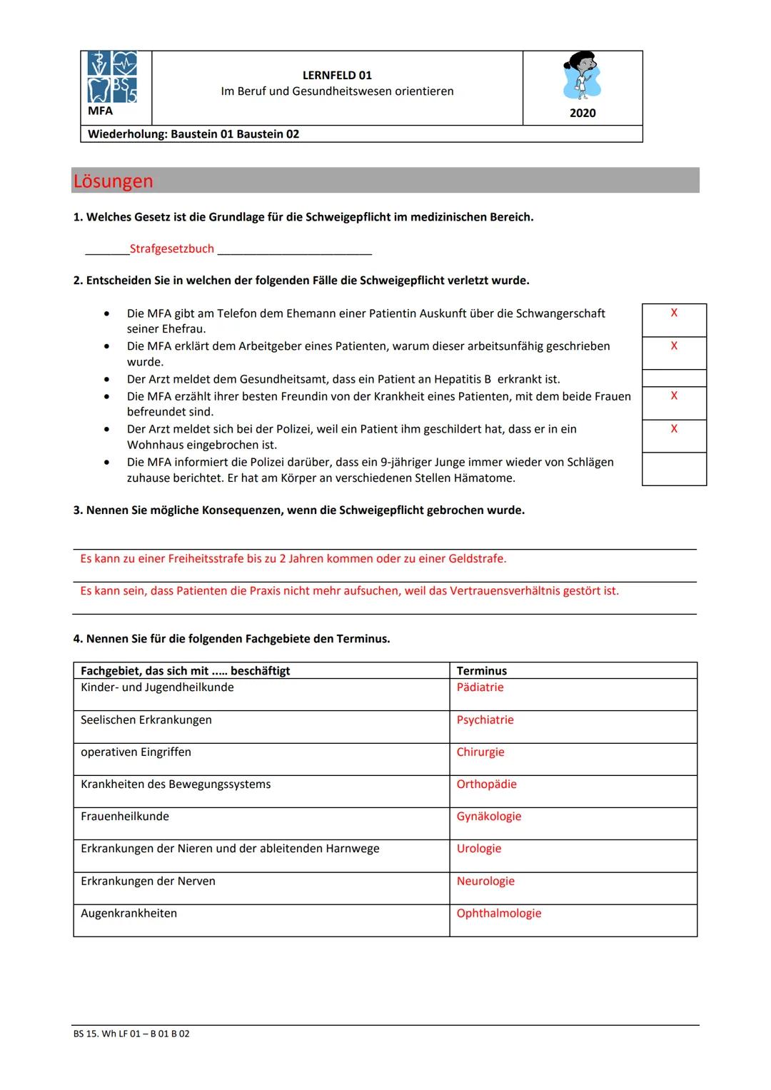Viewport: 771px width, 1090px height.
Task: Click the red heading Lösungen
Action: coord(113,181)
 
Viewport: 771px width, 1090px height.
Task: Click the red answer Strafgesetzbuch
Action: coord(171,248)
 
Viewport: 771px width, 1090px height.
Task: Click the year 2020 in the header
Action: coord(583,113)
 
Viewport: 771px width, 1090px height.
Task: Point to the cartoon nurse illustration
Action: coord(583,76)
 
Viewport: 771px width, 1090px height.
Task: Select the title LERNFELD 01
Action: coord(337,75)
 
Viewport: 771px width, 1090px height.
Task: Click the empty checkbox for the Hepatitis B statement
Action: coord(673,378)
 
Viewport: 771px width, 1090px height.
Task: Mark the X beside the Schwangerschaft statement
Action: coord(673,313)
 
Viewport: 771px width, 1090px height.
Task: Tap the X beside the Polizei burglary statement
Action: coord(673,428)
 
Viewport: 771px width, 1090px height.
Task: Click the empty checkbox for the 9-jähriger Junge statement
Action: coord(673,469)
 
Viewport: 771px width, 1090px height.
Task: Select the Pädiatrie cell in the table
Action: coord(480,687)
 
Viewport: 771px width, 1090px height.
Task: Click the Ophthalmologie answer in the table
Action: coord(498,913)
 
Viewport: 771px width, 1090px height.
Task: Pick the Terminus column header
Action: coord(481,671)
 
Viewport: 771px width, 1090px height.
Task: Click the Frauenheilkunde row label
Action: coord(125,816)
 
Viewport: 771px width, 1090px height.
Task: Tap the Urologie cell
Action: coord(478,848)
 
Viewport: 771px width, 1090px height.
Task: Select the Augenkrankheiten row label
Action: coord(128,913)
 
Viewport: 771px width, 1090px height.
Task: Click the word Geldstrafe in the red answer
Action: coord(475,558)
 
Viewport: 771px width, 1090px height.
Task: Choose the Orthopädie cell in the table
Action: coord(486,784)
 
